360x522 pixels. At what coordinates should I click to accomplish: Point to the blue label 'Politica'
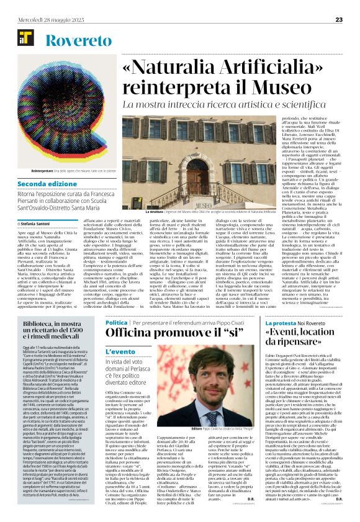click(116, 323)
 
